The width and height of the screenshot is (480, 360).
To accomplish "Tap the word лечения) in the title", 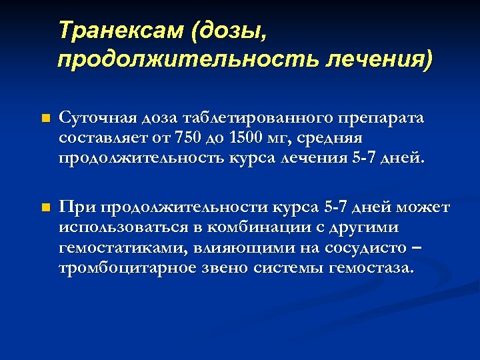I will (379, 59).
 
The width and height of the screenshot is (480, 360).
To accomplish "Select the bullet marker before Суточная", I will (45, 119).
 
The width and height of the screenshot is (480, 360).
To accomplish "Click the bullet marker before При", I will (45, 209).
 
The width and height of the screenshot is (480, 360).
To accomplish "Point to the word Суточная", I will (95, 118).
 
